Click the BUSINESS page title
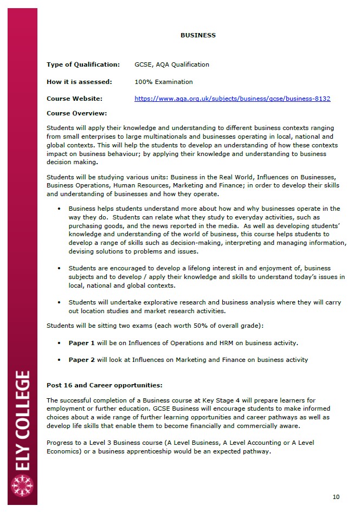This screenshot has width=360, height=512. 198,35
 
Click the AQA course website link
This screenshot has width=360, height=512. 232,99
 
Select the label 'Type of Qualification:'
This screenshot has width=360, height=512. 83,64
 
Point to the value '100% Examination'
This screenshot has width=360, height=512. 163,82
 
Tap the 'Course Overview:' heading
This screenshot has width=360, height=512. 77,113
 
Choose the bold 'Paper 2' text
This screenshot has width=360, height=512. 81,359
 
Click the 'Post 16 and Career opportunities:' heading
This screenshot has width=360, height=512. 104,385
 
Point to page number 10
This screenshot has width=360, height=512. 336,496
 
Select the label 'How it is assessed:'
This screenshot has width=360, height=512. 79,82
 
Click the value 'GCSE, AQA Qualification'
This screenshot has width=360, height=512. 171,64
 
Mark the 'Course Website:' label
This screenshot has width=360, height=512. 74,99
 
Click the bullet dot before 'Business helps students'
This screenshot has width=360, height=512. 59,209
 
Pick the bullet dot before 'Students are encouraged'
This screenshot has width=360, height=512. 59,268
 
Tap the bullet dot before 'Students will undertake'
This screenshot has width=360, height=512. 59,302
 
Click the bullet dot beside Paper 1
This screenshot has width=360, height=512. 59,343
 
